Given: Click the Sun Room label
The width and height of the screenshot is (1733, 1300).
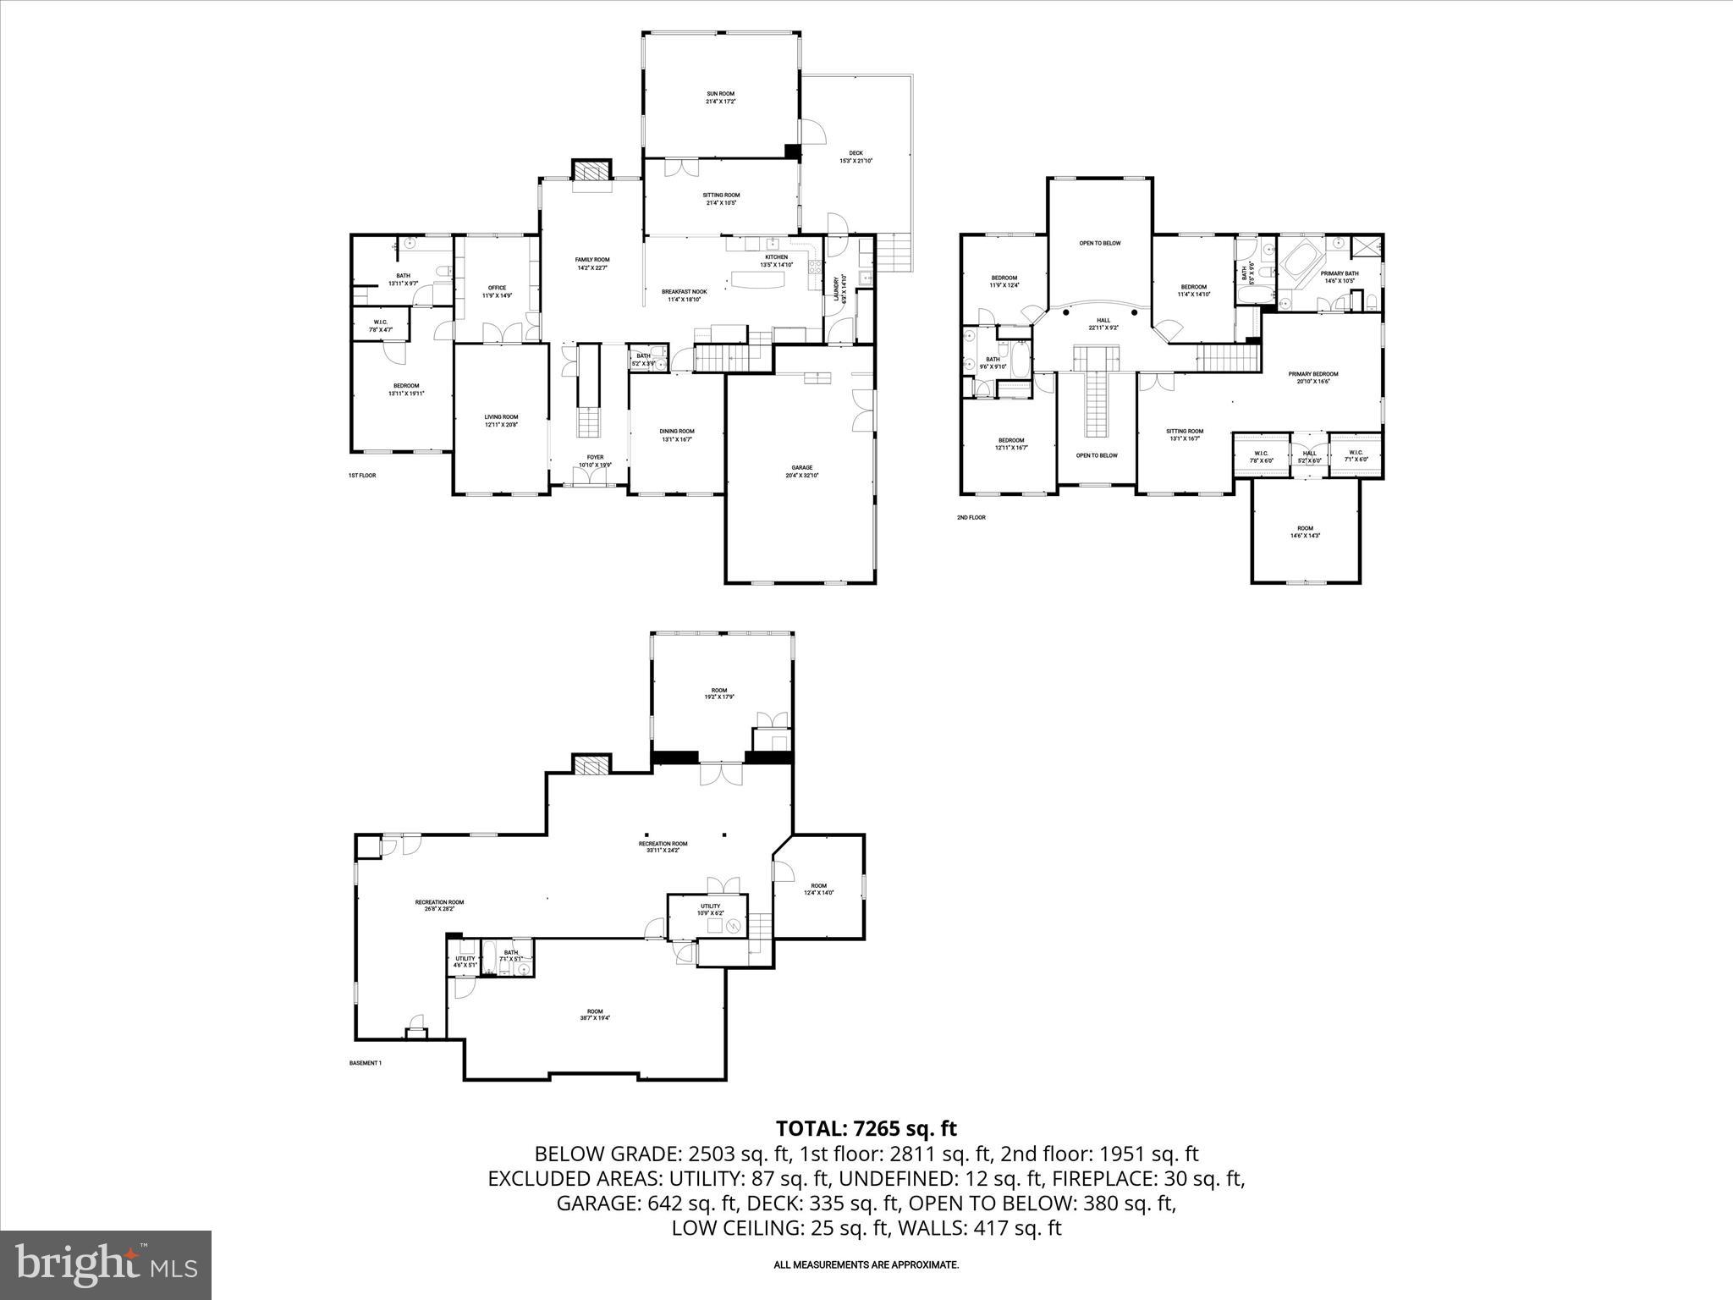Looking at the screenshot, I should coord(720,97).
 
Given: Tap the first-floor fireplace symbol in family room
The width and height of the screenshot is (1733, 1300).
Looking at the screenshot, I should coord(591,171).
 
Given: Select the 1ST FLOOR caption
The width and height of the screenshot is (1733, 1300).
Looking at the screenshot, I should coord(362,476).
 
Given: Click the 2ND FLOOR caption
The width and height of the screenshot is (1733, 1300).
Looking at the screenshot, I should coord(971,517).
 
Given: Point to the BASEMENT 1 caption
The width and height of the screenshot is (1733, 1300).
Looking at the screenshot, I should coord(366,1063).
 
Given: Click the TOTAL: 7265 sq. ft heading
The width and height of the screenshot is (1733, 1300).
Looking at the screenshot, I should coord(866,1128).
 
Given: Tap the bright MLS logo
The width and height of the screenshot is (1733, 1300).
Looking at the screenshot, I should coord(106,1264).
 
